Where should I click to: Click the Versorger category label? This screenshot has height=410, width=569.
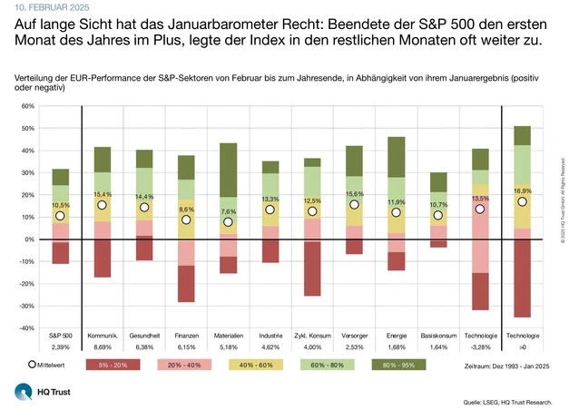(x=355, y=337)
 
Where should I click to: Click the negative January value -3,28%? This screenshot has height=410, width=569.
(x=480, y=347)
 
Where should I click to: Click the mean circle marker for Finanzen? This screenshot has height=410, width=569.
(x=186, y=220)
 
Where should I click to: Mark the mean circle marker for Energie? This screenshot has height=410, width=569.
(x=396, y=213)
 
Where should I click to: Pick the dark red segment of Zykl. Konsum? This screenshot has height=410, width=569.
(x=313, y=269)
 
